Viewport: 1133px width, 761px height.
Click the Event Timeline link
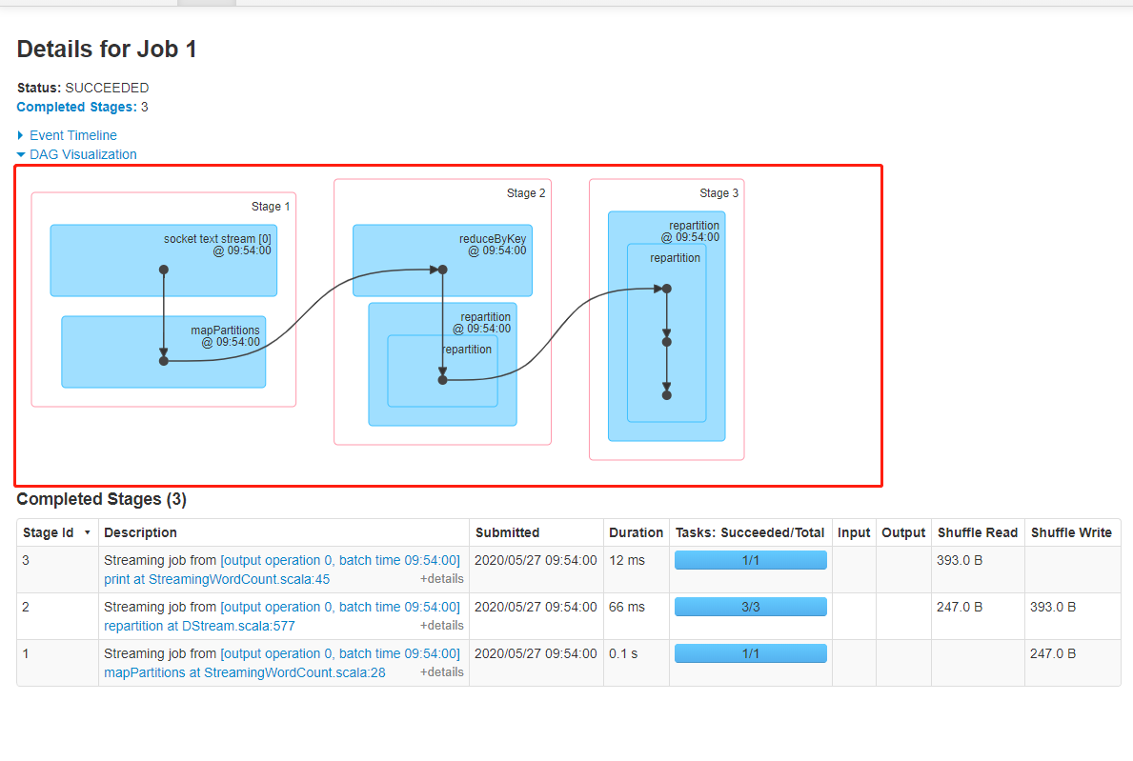tap(72, 135)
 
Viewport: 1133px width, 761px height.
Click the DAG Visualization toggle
tap(83, 154)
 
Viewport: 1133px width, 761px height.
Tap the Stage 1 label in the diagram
tap(271, 207)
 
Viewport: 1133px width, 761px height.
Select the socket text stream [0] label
tap(217, 239)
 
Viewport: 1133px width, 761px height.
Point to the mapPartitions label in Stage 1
tap(225, 330)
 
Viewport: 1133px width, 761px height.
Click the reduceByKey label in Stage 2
tap(492, 239)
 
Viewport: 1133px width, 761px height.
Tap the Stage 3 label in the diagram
tap(718, 193)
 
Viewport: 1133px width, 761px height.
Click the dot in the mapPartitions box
tap(164, 361)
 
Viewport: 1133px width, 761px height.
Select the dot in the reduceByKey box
tap(442, 270)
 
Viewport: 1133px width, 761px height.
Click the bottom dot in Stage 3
tap(667, 394)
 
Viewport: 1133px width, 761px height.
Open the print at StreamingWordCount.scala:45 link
tap(216, 579)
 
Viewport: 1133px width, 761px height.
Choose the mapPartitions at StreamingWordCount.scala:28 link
tap(244, 672)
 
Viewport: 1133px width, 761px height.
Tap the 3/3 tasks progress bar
tap(750, 607)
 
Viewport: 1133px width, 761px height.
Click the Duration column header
tap(636, 532)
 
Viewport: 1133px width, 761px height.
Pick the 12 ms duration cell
tap(627, 560)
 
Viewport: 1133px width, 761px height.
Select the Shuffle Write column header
tap(1071, 532)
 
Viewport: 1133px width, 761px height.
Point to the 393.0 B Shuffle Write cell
tap(1053, 607)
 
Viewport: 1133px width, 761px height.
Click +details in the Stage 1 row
tap(441, 672)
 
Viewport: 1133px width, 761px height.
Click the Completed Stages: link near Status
tap(77, 107)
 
